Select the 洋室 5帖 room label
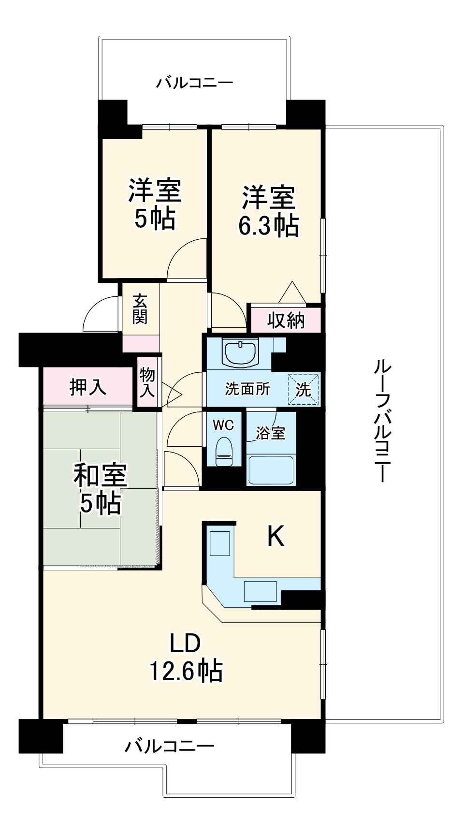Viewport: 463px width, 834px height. pyautogui.click(x=155, y=204)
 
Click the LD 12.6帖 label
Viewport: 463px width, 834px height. pyautogui.click(x=186, y=657)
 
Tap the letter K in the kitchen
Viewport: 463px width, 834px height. pyautogui.click(x=275, y=536)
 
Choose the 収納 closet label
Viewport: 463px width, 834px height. pyautogui.click(x=286, y=320)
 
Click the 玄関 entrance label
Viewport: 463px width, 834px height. pyautogui.click(x=140, y=309)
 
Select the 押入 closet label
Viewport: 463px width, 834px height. pyautogui.click(x=87, y=387)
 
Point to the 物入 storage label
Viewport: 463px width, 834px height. pyautogui.click(x=147, y=381)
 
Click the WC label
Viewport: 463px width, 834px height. pyautogui.click(x=223, y=425)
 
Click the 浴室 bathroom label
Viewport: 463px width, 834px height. pyautogui.click(x=270, y=433)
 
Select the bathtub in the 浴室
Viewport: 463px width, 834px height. pyautogui.click(x=271, y=469)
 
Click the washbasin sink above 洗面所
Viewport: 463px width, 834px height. pyautogui.click(x=240, y=352)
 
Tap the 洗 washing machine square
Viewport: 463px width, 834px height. pyautogui.click(x=304, y=389)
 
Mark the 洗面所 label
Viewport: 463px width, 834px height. pyautogui.click(x=247, y=389)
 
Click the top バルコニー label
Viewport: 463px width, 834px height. pyautogui.click(x=194, y=83)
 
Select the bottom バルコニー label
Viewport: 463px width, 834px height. pyautogui.click(x=169, y=746)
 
